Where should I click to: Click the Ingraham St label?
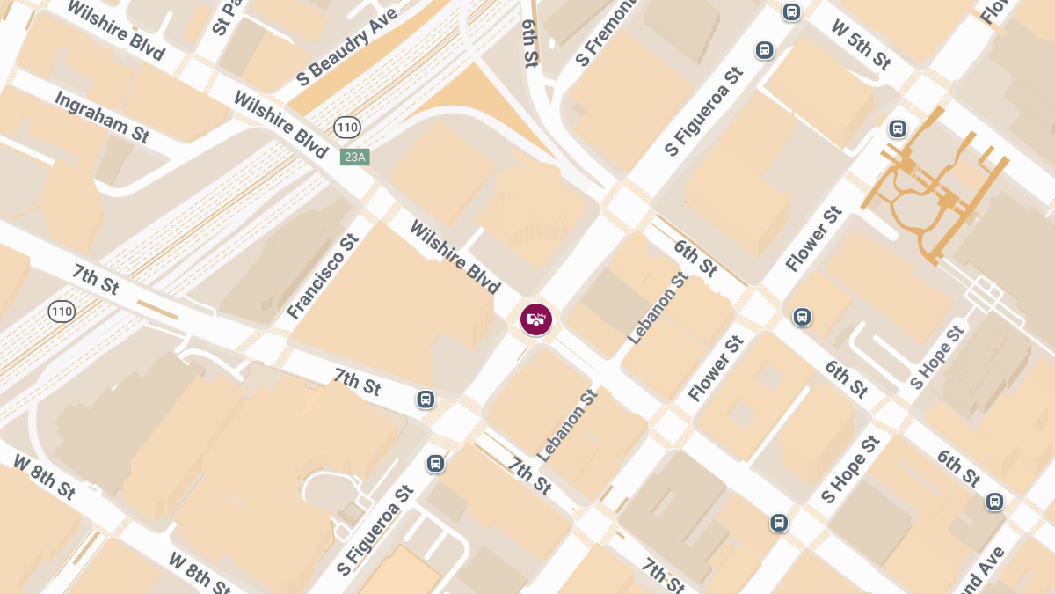pos(102,116)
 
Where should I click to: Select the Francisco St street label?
pos(324,276)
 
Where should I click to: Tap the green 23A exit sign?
pos(354,157)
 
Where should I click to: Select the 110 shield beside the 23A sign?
pos(346,128)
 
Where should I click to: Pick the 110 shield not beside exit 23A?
pos(62,311)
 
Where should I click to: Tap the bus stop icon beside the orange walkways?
pos(898,128)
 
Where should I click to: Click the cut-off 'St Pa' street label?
pos(228,18)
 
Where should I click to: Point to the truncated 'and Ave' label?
pos(984,573)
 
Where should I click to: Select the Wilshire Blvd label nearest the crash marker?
pos(455,257)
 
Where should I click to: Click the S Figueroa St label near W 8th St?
pos(375,528)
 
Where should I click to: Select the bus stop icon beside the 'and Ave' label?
pos(994,502)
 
